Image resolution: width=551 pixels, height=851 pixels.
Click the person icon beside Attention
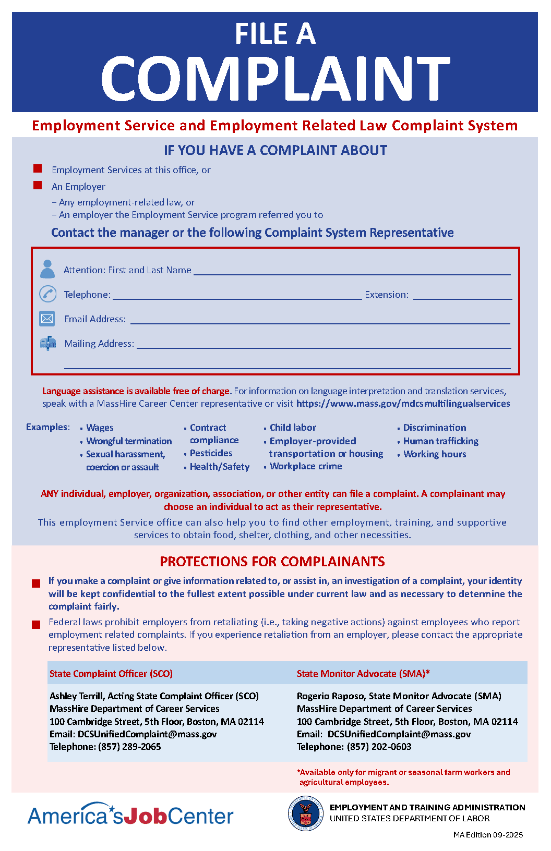pos(47,269)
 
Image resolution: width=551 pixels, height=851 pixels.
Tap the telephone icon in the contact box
pos(48,294)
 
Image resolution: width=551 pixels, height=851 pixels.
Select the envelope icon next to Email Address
pos(47,319)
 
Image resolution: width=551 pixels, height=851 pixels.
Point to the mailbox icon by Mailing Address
pos(48,343)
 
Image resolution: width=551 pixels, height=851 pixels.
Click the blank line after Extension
pos(462,295)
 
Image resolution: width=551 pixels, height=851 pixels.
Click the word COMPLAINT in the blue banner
pos(275,79)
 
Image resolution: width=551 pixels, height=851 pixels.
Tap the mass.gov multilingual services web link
pos(403,404)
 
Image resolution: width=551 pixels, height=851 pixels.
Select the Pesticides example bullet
pos(211,453)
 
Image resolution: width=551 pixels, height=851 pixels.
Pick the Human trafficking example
pos(440,441)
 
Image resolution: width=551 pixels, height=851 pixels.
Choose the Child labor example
pos(293,428)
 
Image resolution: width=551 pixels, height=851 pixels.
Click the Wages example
pos(100,428)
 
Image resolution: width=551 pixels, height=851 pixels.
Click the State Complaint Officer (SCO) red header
pos(111,674)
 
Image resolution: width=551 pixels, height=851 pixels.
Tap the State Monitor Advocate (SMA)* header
pos(363,674)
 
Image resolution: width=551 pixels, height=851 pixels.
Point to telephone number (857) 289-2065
pos(129,747)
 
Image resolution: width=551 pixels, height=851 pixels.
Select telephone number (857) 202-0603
pos(379,747)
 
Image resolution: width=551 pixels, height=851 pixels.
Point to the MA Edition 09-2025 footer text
pos(488,835)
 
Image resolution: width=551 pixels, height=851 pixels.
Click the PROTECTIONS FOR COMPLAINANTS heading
pos(272,562)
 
